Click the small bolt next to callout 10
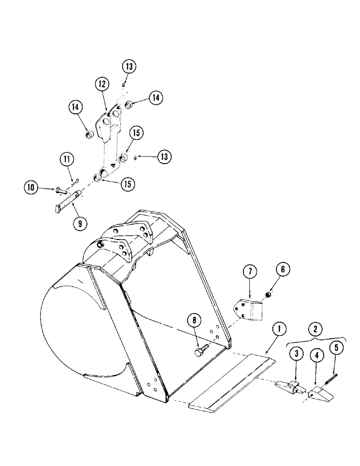61,190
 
